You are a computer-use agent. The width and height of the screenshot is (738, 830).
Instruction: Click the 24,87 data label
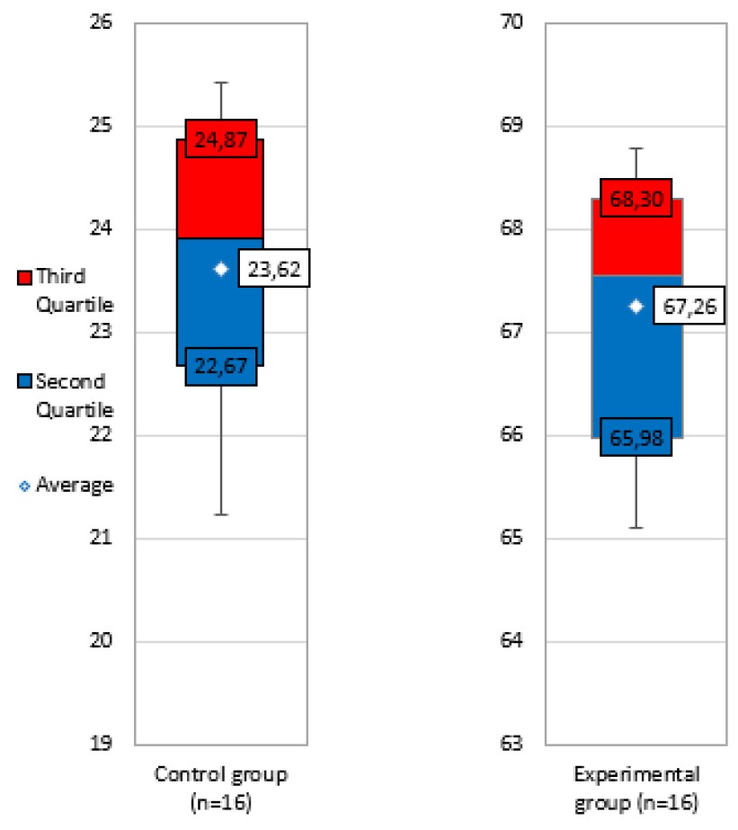click(221, 138)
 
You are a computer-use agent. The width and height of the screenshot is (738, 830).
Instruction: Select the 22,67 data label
click(221, 366)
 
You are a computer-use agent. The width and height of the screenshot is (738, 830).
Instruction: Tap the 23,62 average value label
click(273, 268)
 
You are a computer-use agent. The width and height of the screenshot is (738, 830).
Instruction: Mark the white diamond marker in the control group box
click(221, 268)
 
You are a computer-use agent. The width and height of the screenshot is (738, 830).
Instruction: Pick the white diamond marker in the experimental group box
click(636, 307)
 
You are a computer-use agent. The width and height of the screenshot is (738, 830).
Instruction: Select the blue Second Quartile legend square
click(24, 381)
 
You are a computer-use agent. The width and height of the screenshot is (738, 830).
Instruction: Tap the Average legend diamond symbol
click(25, 486)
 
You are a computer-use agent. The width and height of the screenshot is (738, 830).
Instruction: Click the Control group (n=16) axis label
click(221, 784)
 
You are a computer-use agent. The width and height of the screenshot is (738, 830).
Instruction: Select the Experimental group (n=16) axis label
click(636, 784)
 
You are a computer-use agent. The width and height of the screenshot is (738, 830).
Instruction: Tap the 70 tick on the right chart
click(520, 22)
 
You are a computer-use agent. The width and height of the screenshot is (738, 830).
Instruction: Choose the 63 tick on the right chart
click(520, 745)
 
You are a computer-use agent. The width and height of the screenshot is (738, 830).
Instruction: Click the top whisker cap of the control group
click(221, 82)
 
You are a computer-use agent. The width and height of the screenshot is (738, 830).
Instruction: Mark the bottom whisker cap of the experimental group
click(636, 528)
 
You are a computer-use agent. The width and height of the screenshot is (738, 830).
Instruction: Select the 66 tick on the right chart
click(520, 435)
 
